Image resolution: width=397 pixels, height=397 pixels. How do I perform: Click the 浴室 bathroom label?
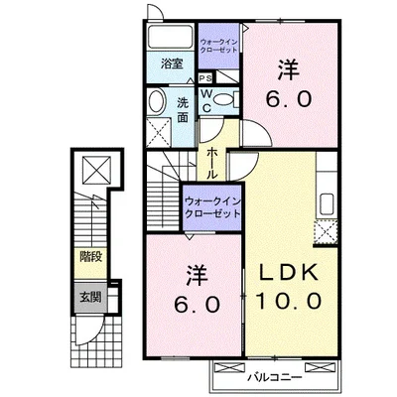(x=172, y=64)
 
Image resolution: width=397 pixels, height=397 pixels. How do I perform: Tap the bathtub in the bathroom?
(x=171, y=37)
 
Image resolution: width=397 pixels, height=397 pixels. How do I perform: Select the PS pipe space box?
(x=205, y=78)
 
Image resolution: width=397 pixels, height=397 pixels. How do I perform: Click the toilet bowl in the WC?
(x=223, y=98)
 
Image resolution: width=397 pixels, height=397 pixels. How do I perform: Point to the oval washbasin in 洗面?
(x=157, y=101)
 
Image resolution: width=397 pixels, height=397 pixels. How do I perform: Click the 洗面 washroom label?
(x=183, y=110)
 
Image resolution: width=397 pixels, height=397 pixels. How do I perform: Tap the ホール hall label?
(x=212, y=164)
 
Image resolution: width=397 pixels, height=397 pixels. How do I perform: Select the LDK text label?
(x=288, y=273)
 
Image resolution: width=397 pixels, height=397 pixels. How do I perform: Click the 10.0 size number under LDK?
(x=289, y=301)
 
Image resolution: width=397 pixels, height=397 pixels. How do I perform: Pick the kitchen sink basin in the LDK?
(x=327, y=204)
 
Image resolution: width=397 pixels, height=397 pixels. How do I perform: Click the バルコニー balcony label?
(x=275, y=377)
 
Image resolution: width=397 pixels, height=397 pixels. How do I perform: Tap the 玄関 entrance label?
(x=90, y=298)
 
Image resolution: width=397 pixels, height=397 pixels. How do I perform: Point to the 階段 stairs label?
(x=90, y=257)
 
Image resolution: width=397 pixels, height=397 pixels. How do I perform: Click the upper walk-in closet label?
(x=218, y=46)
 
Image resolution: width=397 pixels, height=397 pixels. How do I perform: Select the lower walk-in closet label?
(x=212, y=207)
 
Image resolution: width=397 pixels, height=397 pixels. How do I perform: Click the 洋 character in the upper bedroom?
(x=289, y=69)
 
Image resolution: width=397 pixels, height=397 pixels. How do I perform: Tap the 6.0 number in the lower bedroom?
(x=198, y=305)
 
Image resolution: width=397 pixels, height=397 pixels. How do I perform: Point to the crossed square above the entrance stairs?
(x=96, y=170)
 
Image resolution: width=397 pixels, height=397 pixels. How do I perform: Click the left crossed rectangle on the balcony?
(x=229, y=367)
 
